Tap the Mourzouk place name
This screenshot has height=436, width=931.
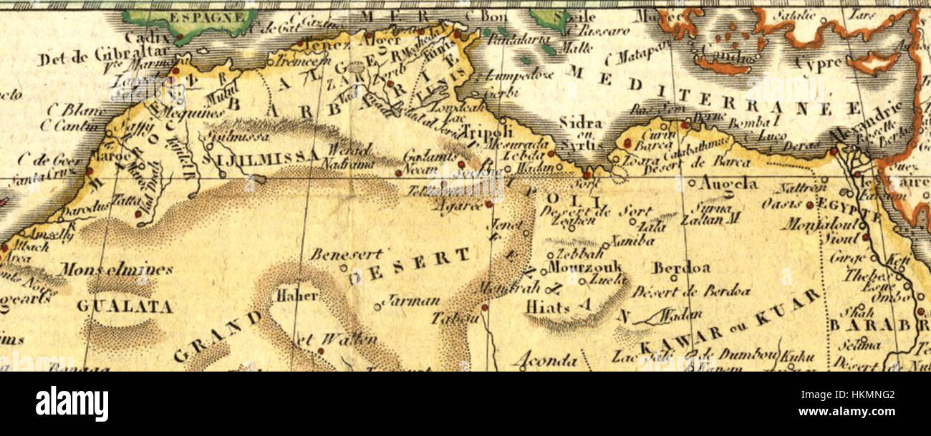pos(585,267)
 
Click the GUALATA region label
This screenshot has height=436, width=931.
pos(125,307)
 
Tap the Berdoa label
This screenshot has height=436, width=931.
pos(680,268)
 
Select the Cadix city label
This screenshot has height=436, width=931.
pos(149,37)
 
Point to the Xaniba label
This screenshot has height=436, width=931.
pos(632,241)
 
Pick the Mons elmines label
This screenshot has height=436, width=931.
pos(115,269)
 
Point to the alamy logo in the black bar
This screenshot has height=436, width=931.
pos(72,403)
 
